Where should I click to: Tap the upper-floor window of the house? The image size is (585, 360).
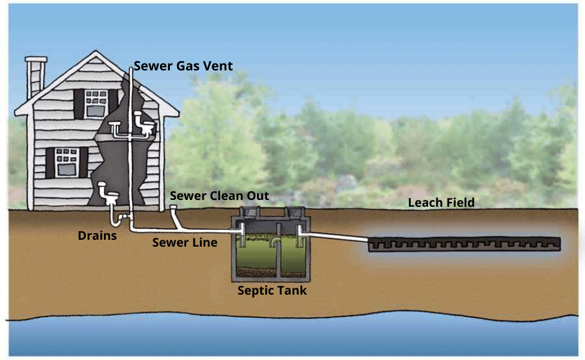pyautogui.click(x=96, y=103)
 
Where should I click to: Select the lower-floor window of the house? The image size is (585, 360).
pyautogui.click(x=67, y=161)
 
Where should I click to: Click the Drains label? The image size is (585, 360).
pyautogui.click(x=97, y=235)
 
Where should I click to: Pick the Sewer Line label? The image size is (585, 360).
pyautogui.click(x=185, y=242)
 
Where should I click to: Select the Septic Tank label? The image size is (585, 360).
pyautogui.click(x=272, y=290)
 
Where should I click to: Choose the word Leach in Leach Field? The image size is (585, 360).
pyautogui.click(x=425, y=202)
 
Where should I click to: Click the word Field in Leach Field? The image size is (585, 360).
pyautogui.click(x=460, y=202)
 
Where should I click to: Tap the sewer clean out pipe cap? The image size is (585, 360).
pyautogui.click(x=174, y=207)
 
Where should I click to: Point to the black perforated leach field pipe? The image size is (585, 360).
pyautogui.click(x=464, y=244)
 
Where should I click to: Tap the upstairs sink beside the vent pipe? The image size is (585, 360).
pyautogui.click(x=118, y=128)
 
